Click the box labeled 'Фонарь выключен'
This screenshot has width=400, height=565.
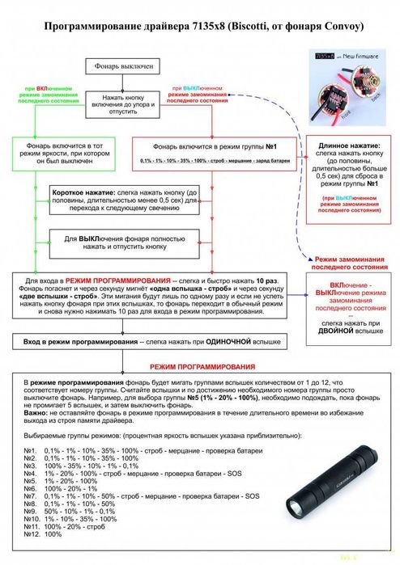pyautogui.click(x=119, y=67)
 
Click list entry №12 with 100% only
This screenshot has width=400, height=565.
pyautogui.click(x=47, y=535)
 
